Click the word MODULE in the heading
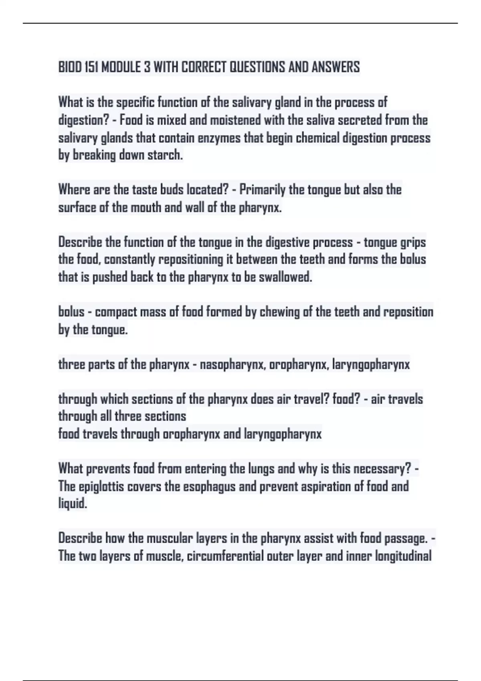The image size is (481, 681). (x=121, y=67)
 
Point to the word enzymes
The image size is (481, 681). (x=219, y=138)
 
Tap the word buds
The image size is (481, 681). (x=172, y=190)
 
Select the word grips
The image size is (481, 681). (x=412, y=243)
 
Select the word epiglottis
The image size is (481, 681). (x=103, y=487)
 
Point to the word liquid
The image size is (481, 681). (x=73, y=504)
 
